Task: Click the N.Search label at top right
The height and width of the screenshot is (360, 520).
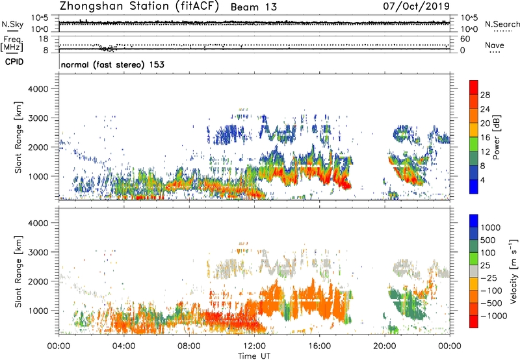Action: (502, 24)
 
